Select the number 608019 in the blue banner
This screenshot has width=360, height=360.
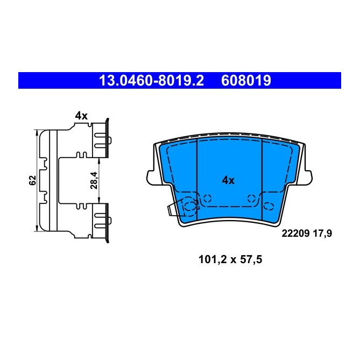click(245, 81)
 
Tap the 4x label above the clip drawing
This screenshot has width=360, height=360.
click(81, 115)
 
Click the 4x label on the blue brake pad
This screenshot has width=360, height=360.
click(229, 181)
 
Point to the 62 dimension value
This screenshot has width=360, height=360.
click(32, 180)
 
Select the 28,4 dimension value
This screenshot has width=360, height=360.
click(93, 180)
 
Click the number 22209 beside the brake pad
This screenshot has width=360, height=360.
click(294, 234)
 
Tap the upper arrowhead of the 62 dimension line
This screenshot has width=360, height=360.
click(37, 132)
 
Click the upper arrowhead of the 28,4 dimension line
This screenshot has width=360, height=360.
click(99, 160)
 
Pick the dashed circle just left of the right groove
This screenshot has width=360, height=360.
click(251, 199)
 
